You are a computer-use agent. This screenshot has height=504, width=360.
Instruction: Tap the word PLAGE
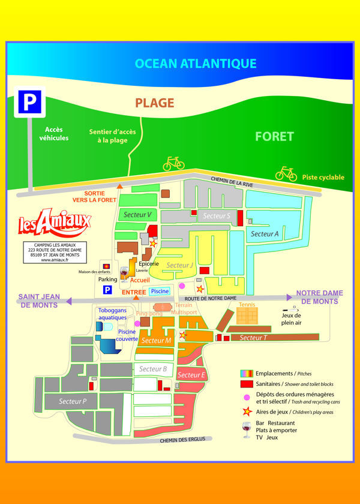pos(155,103)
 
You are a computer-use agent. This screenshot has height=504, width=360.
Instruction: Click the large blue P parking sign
pos(29,102)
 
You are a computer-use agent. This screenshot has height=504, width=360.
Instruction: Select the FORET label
pos(274,136)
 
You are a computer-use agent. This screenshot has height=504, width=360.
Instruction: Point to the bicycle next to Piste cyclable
pos(286,173)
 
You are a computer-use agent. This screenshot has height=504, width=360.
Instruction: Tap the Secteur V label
pos(137,214)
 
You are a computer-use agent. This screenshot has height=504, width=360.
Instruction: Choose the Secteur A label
pos(265,234)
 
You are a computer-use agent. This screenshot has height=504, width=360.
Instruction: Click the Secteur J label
pos(179,265)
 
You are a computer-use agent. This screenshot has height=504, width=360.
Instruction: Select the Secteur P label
pos(73,401)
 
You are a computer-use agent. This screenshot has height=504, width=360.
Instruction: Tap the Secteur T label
pos(253,338)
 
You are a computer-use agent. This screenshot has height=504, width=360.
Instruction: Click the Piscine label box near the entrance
pos(160,291)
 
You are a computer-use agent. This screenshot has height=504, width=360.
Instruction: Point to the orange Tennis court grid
pos(247,316)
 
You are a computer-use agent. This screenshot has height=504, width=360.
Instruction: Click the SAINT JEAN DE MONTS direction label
pos(38,301)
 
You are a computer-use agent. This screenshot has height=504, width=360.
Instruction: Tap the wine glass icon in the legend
pos(245,430)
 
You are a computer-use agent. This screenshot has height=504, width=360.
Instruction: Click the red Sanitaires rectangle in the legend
pos(245,383)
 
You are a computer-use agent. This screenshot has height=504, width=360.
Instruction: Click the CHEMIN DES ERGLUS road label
pos(182,439)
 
